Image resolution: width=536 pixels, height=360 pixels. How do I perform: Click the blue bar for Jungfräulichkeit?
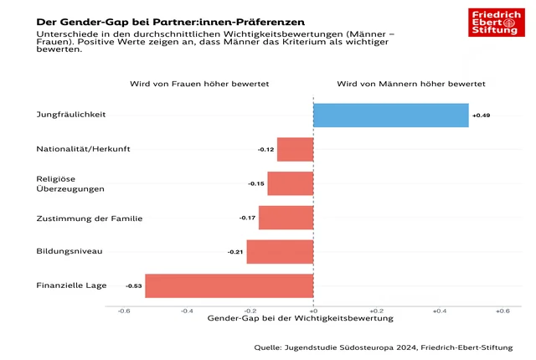pos(390,115)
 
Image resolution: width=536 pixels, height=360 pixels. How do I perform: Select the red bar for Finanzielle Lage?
pos(229,285)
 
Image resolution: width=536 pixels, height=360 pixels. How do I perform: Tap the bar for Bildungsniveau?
pos(280,251)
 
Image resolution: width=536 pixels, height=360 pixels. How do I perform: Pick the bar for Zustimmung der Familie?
pos(286,218)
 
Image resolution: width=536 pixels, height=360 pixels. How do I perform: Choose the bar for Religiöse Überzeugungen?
pos(290,183)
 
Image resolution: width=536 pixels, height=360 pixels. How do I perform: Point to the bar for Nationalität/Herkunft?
pos(295,149)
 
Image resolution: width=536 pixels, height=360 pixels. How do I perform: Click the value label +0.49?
pos(481,115)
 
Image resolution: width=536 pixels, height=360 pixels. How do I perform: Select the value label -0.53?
pos(134,286)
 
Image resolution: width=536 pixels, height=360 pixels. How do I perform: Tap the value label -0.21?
pos(235,252)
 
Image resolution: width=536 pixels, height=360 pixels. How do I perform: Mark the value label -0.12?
pos(266,150)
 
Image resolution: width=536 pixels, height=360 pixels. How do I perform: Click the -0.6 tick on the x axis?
pos(124,311)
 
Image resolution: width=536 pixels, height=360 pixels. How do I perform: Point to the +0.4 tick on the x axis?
pos(439,311)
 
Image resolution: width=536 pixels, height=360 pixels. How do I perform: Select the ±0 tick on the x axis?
pos(313,311)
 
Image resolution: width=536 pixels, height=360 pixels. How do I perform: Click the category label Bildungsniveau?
pos(70,251)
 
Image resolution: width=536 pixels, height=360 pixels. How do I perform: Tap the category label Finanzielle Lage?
pos(71,285)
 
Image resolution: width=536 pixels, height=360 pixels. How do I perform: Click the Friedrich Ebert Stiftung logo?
pos(497,22)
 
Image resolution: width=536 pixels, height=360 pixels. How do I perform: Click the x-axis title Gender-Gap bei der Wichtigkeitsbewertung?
pos(299,319)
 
